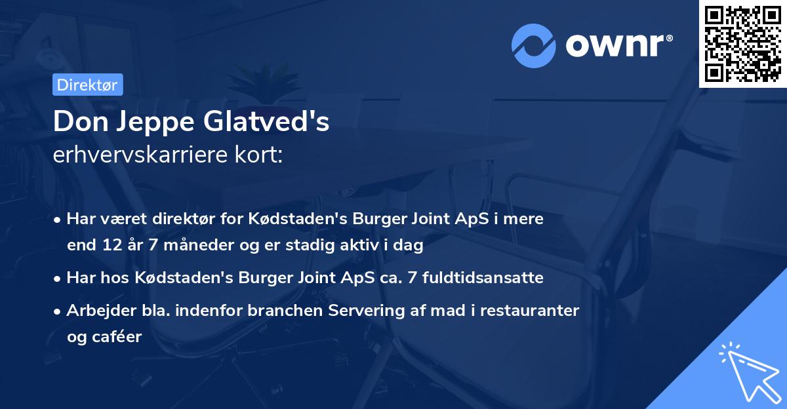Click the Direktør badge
[87, 85]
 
